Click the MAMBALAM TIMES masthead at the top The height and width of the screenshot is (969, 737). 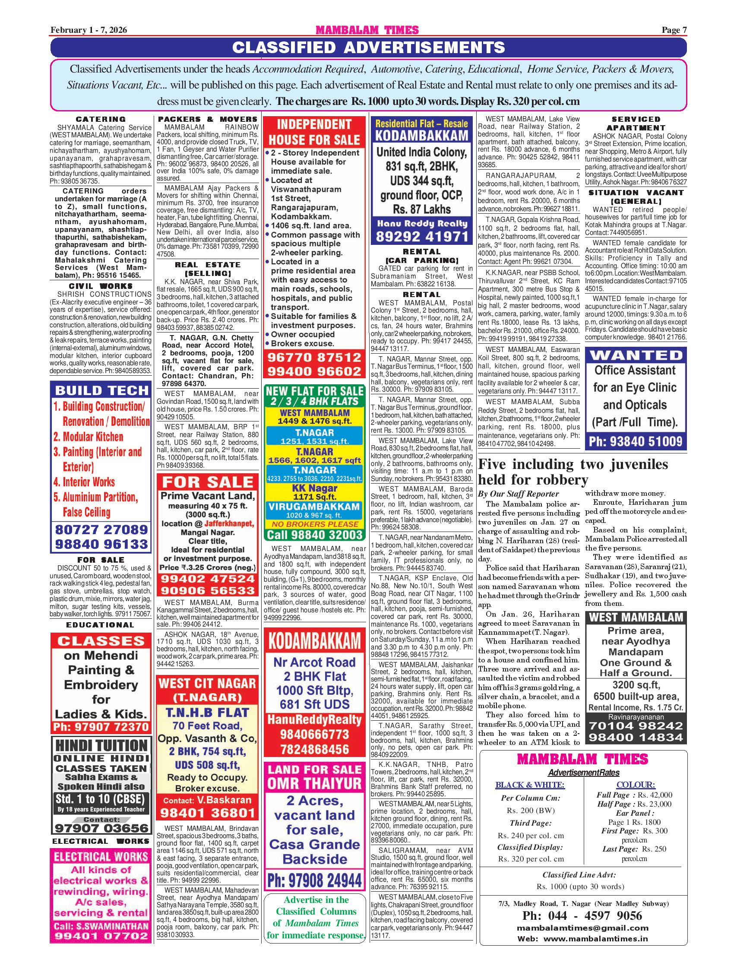click(367, 30)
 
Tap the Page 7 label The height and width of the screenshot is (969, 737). click(674, 30)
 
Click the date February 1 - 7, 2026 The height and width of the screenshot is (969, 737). click(89, 30)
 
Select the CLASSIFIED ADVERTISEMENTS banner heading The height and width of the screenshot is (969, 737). click(369, 47)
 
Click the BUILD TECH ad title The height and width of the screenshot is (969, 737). click(101, 390)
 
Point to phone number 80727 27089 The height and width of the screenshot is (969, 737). click(101, 529)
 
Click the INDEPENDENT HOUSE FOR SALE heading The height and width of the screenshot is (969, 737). click(314, 132)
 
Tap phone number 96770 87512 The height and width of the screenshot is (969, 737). click(314, 357)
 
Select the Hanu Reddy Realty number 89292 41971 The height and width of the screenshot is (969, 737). click(422, 237)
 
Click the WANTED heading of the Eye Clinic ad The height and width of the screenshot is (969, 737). click(636, 355)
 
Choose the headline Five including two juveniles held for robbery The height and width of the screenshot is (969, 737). click(573, 472)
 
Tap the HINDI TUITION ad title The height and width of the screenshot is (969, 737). click(101, 745)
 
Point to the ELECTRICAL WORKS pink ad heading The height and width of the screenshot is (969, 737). click(101, 856)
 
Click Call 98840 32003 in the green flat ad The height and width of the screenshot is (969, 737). click(315, 535)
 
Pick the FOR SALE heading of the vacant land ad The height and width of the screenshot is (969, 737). click(208, 482)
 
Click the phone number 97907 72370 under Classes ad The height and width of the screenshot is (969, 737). click(101, 727)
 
